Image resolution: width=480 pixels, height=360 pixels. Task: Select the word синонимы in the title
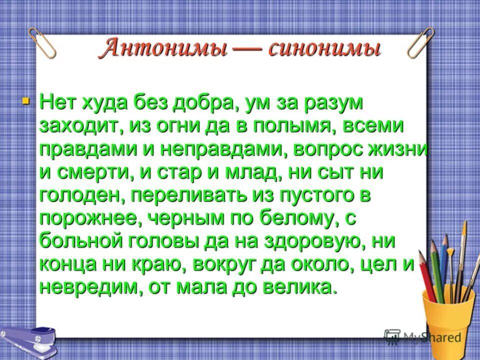[x=324, y=49]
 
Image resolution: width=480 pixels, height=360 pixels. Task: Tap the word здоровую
[x=315, y=241]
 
